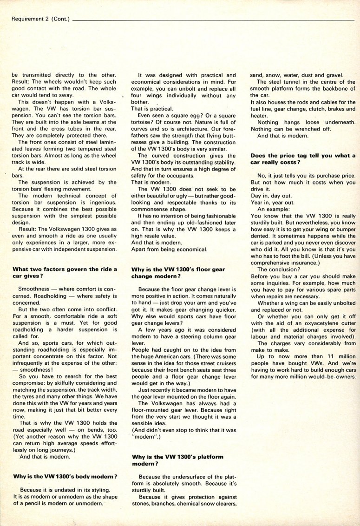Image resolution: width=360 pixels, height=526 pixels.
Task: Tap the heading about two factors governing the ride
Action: [x=65, y=272]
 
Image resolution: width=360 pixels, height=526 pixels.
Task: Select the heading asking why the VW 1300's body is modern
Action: [x=65, y=476]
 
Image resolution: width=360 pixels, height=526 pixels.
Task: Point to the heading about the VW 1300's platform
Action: [x=177, y=460]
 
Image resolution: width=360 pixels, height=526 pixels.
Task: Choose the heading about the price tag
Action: [x=302, y=158]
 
